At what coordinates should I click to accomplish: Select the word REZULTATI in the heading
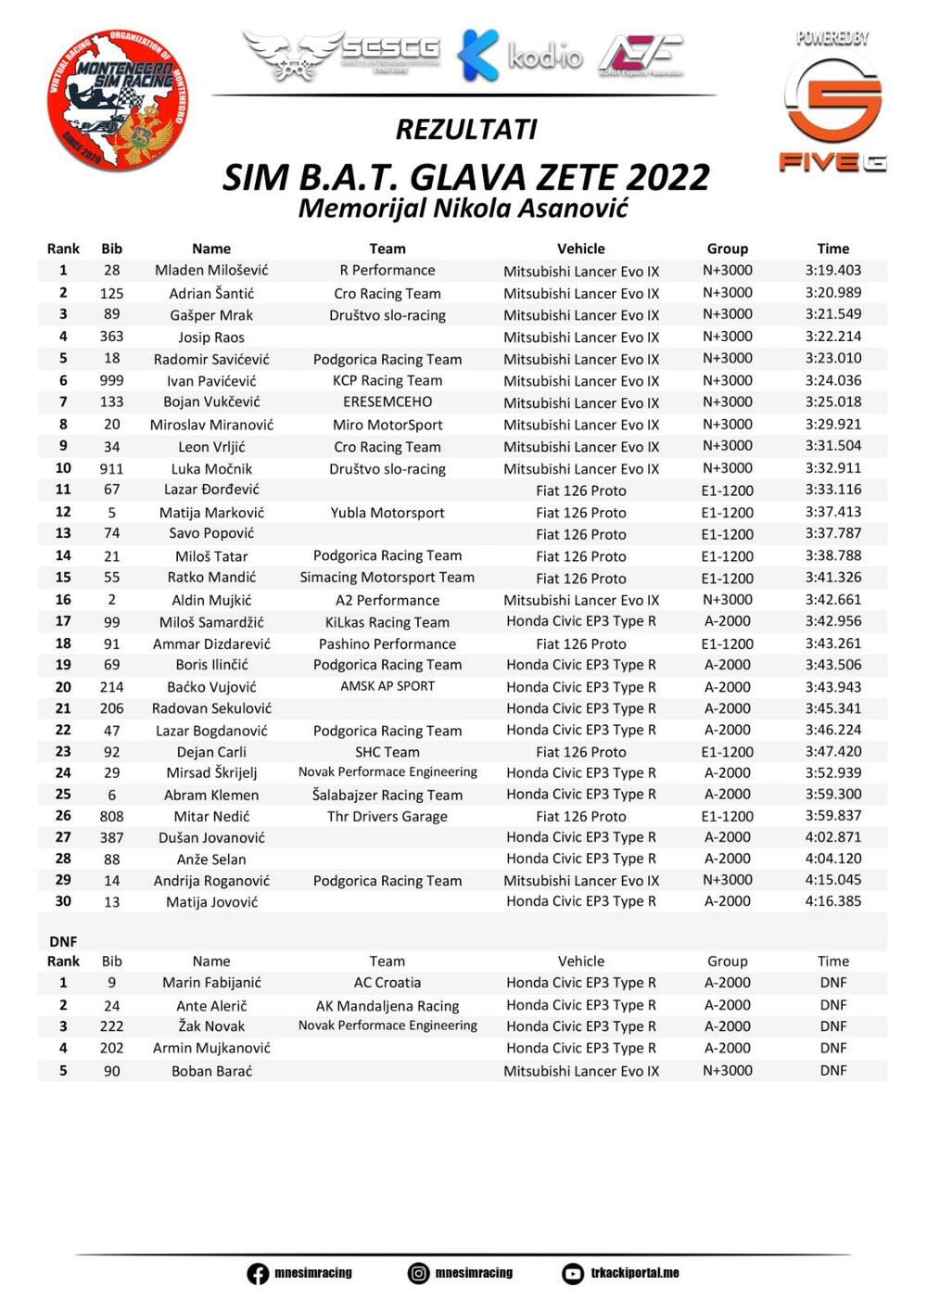466,129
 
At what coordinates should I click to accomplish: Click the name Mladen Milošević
211,271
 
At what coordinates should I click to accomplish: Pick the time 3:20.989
832,293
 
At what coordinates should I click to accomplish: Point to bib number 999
111,380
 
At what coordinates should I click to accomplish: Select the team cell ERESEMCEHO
387,402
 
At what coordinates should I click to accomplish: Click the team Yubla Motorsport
387,513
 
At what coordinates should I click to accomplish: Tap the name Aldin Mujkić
211,600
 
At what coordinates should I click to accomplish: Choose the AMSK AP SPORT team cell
387,686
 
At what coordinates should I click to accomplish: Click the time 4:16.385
832,901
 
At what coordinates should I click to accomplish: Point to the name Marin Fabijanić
211,983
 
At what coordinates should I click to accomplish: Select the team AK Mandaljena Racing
387,1006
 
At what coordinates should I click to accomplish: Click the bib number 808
111,816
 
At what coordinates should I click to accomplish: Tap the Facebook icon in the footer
258,1274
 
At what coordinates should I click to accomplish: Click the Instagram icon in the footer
419,1274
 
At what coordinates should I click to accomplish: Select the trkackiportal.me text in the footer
635,1273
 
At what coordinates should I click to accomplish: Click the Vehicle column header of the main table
581,248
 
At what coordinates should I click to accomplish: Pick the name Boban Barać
211,1071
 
